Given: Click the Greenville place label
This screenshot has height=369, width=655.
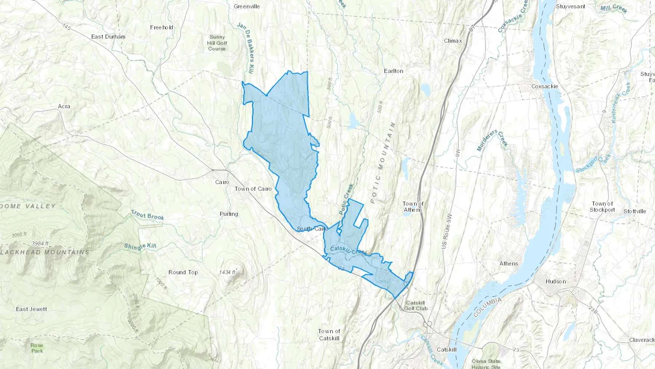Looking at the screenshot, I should (247, 7).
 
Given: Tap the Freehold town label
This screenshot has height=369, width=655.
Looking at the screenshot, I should (162, 27).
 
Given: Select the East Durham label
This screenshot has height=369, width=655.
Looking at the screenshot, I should (108, 37).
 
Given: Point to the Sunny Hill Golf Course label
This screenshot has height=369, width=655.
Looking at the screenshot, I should (217, 43).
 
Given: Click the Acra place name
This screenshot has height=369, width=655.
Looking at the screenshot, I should (64, 106).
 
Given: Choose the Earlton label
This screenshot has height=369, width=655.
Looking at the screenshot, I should (393, 71).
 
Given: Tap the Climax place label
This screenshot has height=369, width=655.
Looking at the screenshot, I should (453, 41).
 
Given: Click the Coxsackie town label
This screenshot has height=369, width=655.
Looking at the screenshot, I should (544, 86).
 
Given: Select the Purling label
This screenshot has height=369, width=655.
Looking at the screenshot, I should (229, 214).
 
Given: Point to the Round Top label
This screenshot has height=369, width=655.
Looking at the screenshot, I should (183, 272).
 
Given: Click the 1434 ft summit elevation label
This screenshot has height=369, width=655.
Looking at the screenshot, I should (227, 272).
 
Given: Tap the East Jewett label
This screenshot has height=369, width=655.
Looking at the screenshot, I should (31, 309).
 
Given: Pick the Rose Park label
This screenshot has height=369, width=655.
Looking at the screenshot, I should (37, 348).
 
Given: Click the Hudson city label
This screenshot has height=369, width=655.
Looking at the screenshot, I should (556, 282).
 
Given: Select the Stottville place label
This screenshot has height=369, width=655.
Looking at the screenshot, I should (635, 211).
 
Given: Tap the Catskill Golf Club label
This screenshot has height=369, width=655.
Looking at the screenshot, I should (416, 306).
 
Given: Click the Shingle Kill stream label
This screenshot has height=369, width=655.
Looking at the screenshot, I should (140, 247).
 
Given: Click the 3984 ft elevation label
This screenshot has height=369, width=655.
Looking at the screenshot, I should (40, 244).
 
